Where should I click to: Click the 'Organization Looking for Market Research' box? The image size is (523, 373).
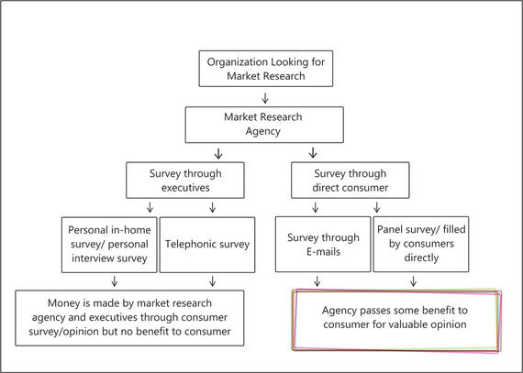tap(266, 69)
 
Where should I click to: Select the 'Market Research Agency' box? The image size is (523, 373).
tap(264, 125)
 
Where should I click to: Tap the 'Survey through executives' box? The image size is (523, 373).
tap(185, 181)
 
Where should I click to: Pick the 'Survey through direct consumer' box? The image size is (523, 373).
tap(351, 181)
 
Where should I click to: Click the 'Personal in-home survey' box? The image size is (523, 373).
tap(109, 245)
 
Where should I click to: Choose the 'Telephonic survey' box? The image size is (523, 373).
tap(207, 245)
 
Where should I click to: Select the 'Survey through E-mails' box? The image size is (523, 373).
tap(323, 244)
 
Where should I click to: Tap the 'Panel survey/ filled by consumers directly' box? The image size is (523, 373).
tap(421, 244)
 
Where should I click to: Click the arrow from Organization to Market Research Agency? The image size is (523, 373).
tap(265, 98)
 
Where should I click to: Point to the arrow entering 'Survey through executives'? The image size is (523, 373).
tap(218, 154)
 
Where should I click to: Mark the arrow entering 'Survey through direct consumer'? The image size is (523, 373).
tap(313, 152)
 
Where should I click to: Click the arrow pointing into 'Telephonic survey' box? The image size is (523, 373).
tap(212, 207)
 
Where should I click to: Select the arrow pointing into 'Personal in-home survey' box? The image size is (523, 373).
tap(150, 207)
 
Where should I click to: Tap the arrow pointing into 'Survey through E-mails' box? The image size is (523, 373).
tap(316, 207)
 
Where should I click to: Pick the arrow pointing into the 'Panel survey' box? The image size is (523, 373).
tap(377, 207)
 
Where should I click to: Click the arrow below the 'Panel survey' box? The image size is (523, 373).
tap(413, 281)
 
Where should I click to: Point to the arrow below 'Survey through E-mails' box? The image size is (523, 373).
tap(317, 281)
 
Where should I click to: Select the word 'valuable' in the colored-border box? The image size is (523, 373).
tap(422, 324)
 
